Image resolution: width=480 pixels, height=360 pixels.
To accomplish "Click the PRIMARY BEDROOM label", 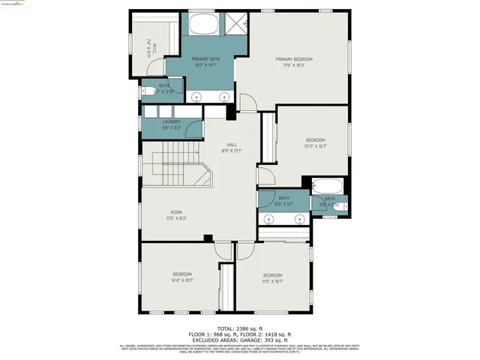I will [293, 59].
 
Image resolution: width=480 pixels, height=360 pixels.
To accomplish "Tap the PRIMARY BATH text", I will [205, 59].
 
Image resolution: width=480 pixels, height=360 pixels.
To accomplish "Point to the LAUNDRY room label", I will [172, 121].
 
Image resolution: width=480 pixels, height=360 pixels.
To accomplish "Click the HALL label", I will [232, 145].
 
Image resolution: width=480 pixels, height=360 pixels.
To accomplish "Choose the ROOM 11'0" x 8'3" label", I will [176, 212].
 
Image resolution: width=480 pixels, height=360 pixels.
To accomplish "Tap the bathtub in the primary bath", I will [203, 25].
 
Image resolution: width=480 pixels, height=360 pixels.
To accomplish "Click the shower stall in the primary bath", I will [238, 25].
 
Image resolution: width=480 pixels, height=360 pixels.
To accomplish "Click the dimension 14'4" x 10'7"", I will [183, 280].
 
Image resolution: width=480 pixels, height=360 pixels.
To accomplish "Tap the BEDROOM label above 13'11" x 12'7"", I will [315, 140].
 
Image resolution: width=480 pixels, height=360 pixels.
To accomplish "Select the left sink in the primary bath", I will [197, 97].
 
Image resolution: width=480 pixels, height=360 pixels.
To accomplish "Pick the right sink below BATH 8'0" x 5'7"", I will [298, 220].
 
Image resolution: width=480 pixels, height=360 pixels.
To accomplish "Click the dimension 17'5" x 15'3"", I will [293, 65].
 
